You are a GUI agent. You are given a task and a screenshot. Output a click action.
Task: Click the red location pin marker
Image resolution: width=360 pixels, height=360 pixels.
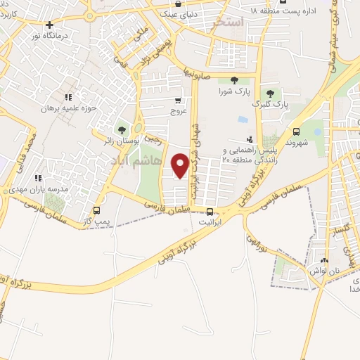tap(180, 165)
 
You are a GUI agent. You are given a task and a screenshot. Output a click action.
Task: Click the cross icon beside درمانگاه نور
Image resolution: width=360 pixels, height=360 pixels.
tap(49, 25)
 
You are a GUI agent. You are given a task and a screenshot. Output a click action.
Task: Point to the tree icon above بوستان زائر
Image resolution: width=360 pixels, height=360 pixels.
tap(122, 130)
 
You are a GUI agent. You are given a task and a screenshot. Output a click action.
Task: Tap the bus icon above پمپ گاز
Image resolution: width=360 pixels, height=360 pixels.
tap(96, 210)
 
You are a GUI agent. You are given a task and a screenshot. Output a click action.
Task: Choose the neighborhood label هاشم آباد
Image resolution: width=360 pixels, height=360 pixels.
tap(146, 162)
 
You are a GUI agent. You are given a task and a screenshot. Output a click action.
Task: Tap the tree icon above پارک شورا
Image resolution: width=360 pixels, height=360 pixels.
tap(233, 80)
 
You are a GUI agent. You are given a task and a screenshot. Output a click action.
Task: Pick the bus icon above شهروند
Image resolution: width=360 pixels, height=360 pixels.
tap(297, 131)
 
